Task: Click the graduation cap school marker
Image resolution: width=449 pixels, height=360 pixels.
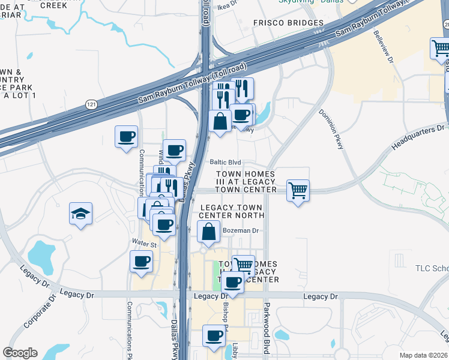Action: (79, 214)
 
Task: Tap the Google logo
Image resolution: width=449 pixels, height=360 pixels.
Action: (20, 353)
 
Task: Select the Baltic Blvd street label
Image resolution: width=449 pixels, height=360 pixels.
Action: (225, 162)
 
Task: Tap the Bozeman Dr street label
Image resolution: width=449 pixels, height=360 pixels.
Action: (240, 230)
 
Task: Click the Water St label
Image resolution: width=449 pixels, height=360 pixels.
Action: (144, 244)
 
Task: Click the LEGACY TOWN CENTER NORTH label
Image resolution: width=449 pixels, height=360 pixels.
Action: (231, 211)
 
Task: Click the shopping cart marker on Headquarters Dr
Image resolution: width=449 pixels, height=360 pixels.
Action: (298, 191)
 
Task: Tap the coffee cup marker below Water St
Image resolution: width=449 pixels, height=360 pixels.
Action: (141, 262)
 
